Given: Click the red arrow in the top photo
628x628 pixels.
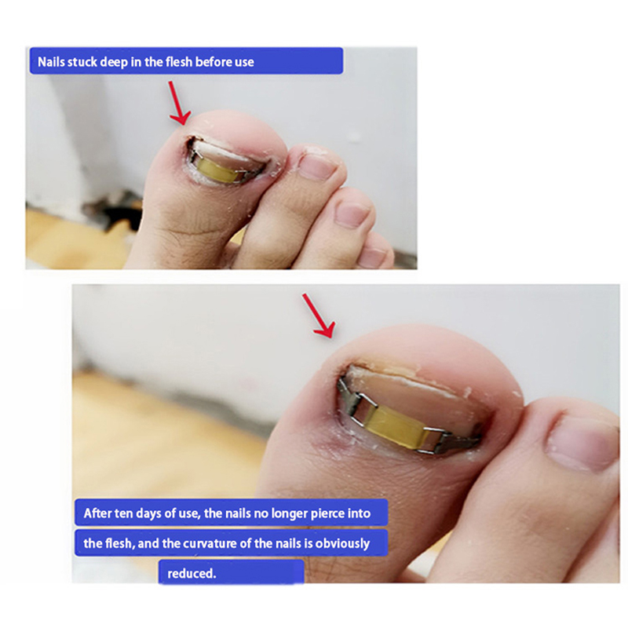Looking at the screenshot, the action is [x=179, y=103].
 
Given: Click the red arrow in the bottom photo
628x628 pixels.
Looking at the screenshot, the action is [x=319, y=316].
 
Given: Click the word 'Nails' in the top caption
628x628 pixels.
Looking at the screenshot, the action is [x=51, y=62].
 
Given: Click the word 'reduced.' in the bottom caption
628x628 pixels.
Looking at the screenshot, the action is [x=192, y=574].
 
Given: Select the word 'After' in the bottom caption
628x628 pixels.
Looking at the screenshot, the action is [x=97, y=513].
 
